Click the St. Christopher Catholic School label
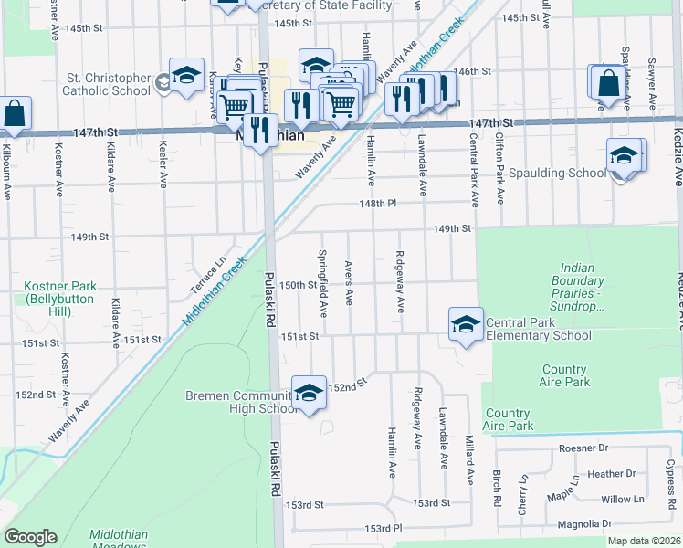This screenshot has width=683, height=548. pyautogui.click(x=106, y=84)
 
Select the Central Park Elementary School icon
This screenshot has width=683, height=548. pyautogui.click(x=466, y=323)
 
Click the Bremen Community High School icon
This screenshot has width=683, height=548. pyautogui.click(x=310, y=393)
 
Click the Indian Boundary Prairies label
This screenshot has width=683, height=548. pyautogui.click(x=578, y=288)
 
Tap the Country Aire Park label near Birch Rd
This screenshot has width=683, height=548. pyautogui.click(x=508, y=420)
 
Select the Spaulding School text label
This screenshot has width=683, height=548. pyautogui.click(x=557, y=173)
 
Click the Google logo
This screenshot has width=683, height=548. pyautogui.click(x=30, y=537)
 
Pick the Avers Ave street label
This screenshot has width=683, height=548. pyautogui.click(x=349, y=284)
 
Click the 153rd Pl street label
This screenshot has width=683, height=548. pyautogui.click(x=384, y=529)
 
